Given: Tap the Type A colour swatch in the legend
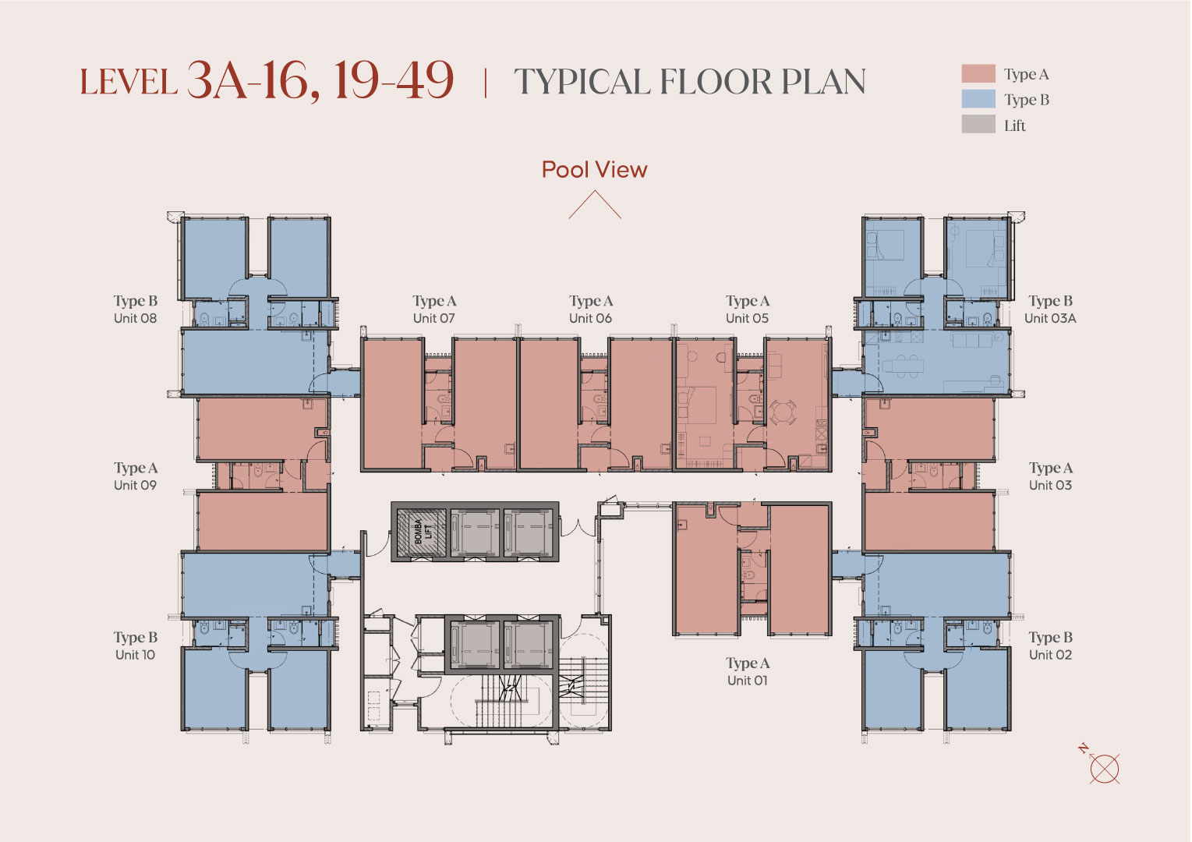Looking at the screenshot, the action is (978, 73).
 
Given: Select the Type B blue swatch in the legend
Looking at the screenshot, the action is (978, 99).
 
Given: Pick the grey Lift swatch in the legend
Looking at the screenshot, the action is (978, 124).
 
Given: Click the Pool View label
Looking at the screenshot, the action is (594, 170).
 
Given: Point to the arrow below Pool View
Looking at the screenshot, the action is (595, 205).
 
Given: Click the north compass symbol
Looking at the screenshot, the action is (1102, 766).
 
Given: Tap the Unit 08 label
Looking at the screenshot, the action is (135, 318).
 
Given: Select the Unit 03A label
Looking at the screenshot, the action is (1050, 318).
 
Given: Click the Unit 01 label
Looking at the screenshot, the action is (747, 681).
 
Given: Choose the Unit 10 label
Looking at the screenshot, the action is (135, 655).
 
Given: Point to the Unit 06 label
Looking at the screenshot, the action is (591, 318).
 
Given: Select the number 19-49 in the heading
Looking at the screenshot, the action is (394, 80).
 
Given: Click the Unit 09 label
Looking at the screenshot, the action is (135, 486).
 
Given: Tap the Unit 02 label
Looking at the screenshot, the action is (1050, 655).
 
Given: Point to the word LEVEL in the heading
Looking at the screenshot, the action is (129, 82).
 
